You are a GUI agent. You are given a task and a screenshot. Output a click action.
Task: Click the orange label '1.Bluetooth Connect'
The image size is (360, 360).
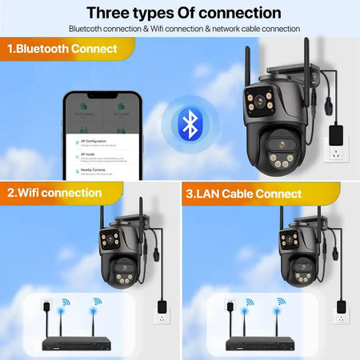pyautogui.click(x=62, y=49)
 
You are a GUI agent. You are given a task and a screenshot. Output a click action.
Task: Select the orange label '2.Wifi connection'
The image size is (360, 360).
pyautogui.click(x=54, y=193)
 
